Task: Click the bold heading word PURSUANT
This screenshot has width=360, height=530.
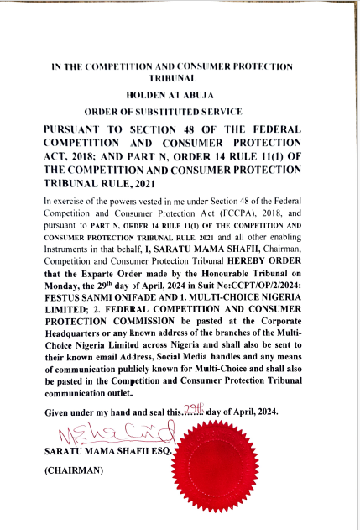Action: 78,131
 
